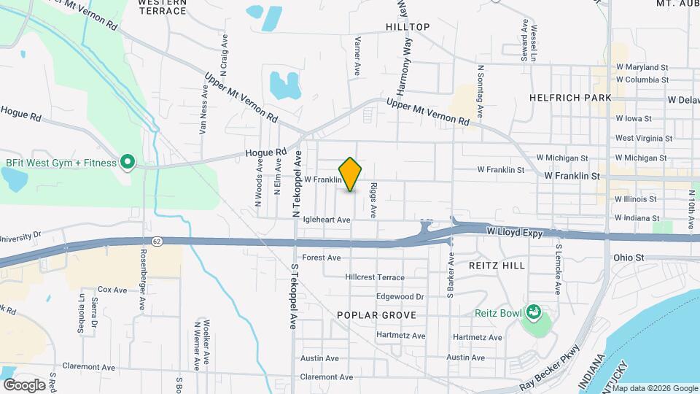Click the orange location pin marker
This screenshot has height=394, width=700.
pyautogui.click(x=351, y=174)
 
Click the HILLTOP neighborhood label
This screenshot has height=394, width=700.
pyautogui.click(x=408, y=27)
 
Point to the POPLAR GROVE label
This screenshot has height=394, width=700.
pyautogui.click(x=376, y=315)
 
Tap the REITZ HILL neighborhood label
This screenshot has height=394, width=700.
pyautogui.click(x=497, y=266)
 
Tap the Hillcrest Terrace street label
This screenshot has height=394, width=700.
pyautogui.click(x=375, y=277)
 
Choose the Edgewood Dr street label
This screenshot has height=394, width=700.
pyautogui.click(x=400, y=297)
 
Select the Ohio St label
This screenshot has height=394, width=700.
pyautogui.click(x=629, y=258)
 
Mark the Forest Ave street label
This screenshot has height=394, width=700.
pyautogui.click(x=322, y=258)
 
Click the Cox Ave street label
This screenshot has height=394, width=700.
pyautogui.click(x=112, y=290)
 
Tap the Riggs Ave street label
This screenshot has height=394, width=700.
pyautogui.click(x=373, y=200)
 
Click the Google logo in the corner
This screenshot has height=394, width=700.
pyautogui.click(x=25, y=385)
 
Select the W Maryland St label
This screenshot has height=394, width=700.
pyautogui.click(x=642, y=66)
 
